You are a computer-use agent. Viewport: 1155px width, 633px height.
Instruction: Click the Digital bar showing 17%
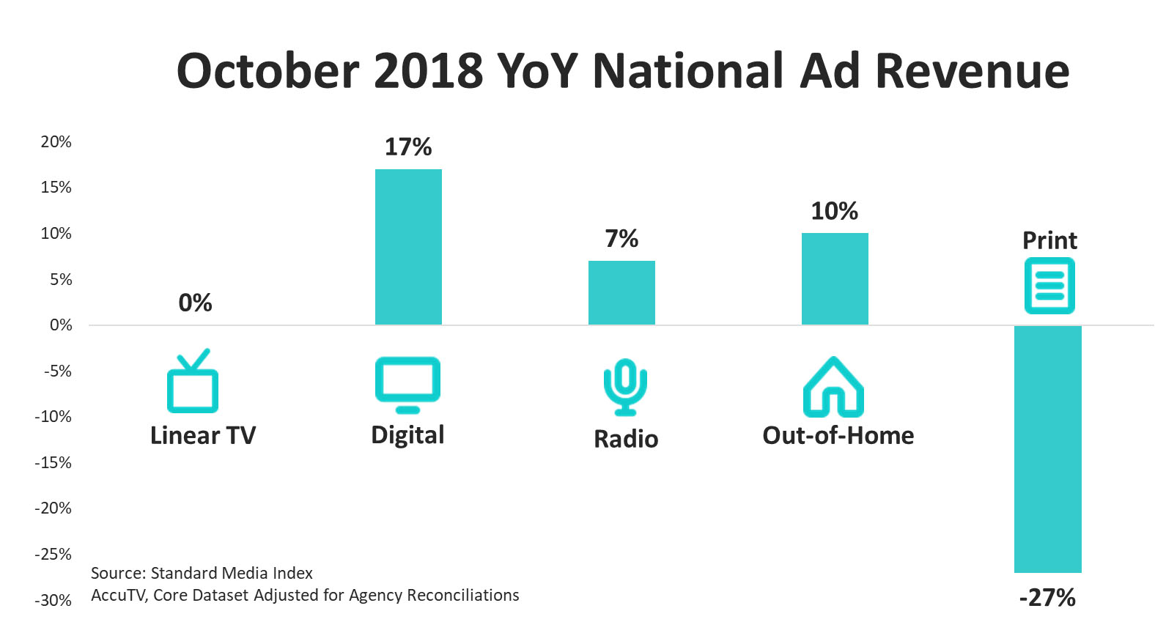tap(408, 247)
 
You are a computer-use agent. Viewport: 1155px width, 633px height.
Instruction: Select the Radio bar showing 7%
tap(621, 292)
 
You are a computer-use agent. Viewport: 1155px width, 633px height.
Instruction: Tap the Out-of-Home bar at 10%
tap(835, 278)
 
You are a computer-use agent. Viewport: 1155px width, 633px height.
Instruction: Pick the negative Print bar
tap(1047, 448)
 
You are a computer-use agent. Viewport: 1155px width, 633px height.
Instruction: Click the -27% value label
tap(1047, 598)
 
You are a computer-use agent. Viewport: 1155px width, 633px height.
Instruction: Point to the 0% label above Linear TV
tap(195, 303)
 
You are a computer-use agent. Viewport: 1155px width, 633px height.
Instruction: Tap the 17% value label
tap(408, 147)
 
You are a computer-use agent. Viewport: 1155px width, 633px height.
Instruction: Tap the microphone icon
tap(625, 386)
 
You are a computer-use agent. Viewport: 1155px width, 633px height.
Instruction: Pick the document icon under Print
tap(1049, 286)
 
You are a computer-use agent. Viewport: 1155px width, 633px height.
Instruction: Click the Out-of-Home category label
tap(838, 436)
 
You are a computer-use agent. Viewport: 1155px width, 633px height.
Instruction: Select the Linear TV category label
tap(203, 436)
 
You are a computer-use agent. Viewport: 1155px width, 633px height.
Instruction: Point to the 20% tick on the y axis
tap(56, 142)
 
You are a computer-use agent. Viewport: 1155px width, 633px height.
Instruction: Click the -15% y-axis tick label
tap(53, 463)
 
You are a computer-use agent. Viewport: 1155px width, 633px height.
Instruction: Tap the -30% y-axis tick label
tap(53, 601)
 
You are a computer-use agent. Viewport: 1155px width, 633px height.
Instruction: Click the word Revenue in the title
tap(972, 71)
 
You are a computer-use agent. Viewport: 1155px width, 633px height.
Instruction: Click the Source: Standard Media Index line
tap(202, 573)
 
